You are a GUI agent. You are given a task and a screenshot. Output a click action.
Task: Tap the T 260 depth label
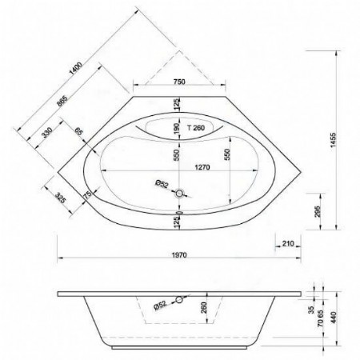tap(195, 128)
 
